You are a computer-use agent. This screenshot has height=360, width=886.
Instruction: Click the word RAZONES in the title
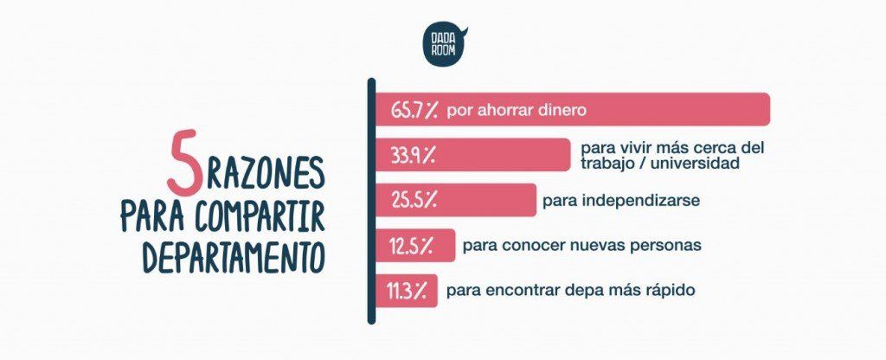point(265,176)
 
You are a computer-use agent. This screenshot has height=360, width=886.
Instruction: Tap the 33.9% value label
point(413,156)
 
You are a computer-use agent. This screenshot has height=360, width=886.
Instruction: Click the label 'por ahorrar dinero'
point(517,110)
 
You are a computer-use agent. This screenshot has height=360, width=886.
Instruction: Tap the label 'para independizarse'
point(620,201)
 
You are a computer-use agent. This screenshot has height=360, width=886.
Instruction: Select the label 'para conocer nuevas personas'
point(581,246)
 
